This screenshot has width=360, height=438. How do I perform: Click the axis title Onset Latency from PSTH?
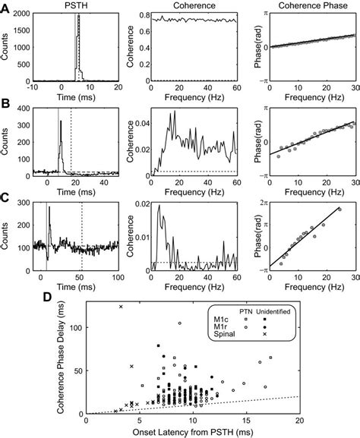tap(194, 432)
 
